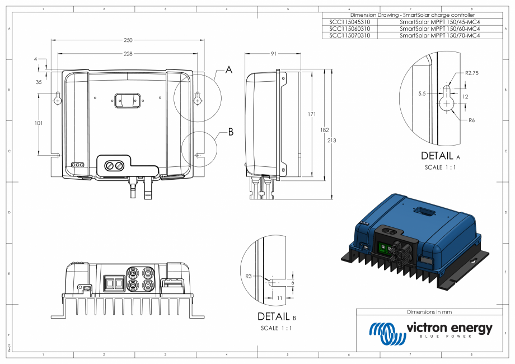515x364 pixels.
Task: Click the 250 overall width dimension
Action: (128, 40)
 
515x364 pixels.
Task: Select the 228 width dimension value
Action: (128, 54)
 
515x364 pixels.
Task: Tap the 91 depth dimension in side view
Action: (273, 54)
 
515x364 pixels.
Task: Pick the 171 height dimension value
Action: (312, 114)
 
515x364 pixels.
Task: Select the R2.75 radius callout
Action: (471, 73)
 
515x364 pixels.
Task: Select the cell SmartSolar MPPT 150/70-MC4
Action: (440, 35)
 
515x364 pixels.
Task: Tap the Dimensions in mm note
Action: (429, 312)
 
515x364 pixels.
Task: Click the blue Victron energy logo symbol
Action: (387, 333)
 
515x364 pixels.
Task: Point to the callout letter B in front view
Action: (230, 133)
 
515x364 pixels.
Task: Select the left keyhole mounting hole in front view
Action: (57, 97)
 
